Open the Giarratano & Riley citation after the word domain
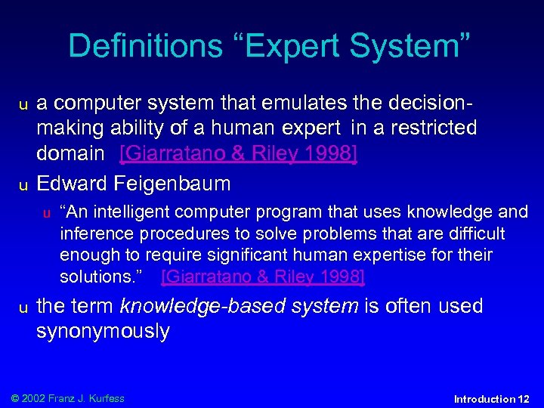point(239,154)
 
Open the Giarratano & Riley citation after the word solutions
point(263,277)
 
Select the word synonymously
point(103,332)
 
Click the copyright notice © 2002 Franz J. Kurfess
point(66,398)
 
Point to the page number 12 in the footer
point(524,399)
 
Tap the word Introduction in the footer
point(484,399)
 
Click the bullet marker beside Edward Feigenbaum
point(23,185)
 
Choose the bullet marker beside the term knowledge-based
point(23,308)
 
